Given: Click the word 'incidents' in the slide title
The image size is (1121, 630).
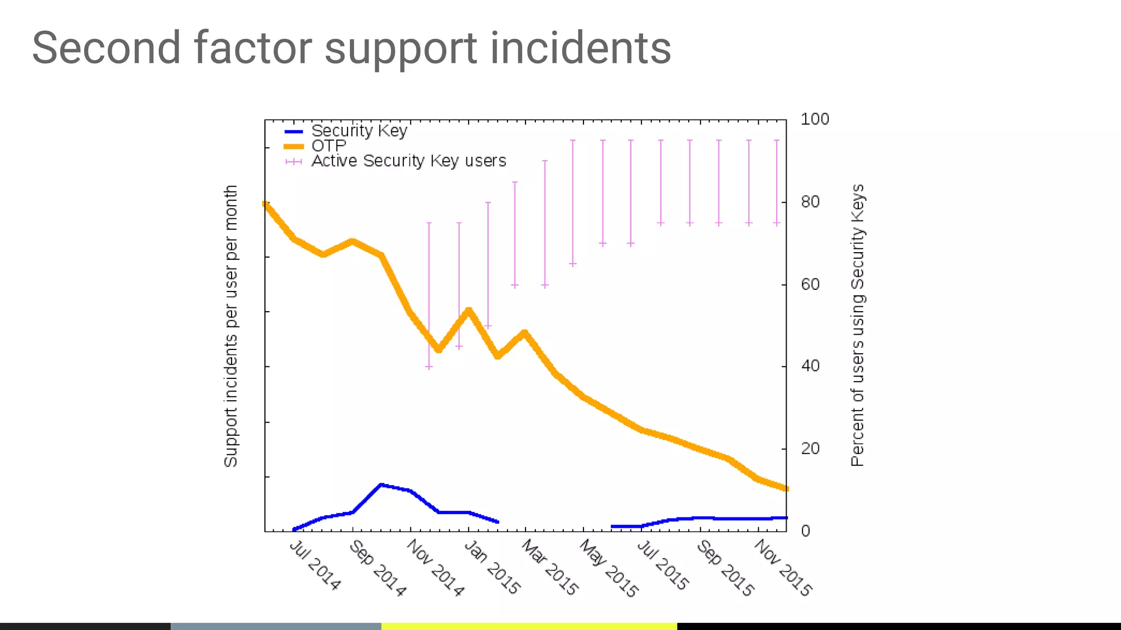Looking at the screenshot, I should (x=580, y=48).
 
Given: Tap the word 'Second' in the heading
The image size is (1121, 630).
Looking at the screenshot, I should (x=106, y=48).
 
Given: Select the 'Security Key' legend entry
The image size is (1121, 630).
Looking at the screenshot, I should (x=359, y=131).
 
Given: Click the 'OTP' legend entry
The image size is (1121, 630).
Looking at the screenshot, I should (x=328, y=146).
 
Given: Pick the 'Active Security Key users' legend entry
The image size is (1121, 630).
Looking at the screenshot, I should (x=408, y=161).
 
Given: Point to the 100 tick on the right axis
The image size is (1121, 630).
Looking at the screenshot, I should (x=814, y=119).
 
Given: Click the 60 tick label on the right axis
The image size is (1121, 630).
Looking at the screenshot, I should (x=810, y=284).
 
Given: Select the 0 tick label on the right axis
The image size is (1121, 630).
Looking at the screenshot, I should (x=805, y=531).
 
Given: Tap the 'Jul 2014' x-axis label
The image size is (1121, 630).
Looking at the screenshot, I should (x=315, y=565).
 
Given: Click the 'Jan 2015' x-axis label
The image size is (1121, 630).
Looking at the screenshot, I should (x=492, y=567).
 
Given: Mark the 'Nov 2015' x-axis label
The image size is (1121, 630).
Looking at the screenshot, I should (x=783, y=567).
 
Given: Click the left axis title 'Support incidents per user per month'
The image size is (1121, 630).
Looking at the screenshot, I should (x=231, y=326).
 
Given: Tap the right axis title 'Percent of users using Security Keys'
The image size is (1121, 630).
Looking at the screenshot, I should (x=857, y=325).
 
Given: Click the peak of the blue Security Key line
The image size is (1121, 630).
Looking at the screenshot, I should (x=381, y=485).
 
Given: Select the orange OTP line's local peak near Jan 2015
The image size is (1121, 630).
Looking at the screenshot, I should (x=469, y=311).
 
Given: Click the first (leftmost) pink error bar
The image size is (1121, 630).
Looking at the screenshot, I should (x=429, y=295).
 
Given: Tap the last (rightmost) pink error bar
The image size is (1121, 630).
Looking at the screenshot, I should (x=776, y=182).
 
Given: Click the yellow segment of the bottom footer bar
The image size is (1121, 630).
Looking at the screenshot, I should (x=529, y=626).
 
